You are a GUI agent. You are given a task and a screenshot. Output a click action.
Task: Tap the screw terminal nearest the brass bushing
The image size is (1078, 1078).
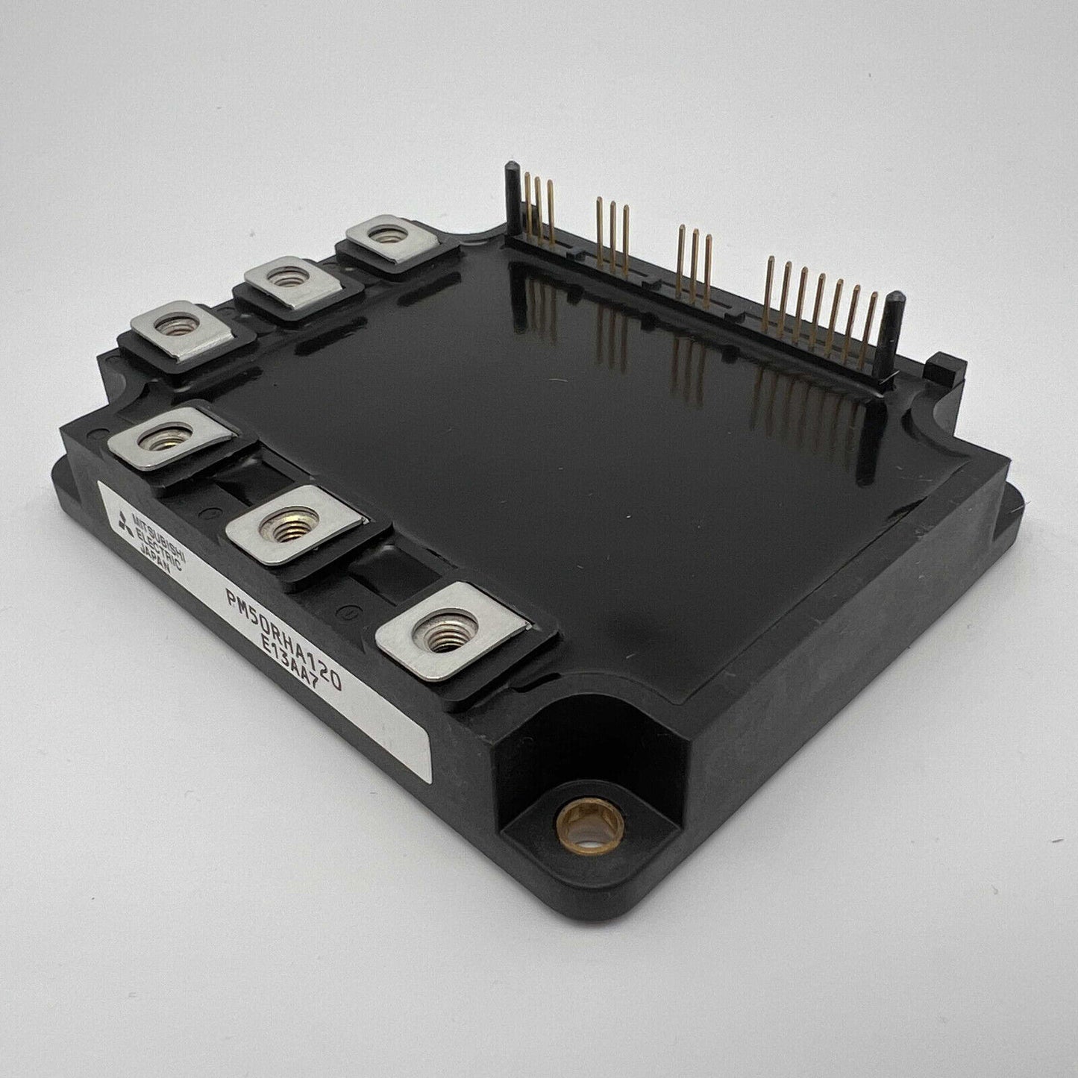pos(450,632)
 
